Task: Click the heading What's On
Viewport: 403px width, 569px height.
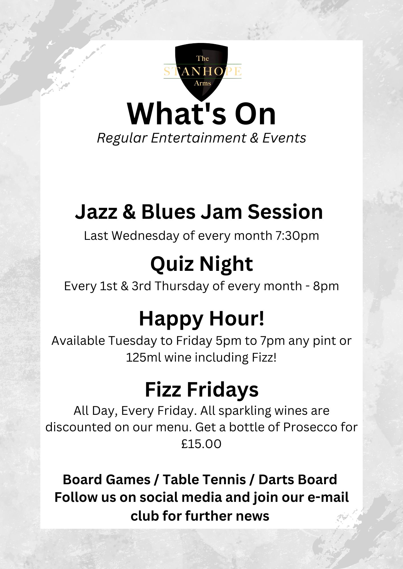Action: click(201, 114)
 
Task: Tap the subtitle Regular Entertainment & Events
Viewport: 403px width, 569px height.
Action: click(201, 138)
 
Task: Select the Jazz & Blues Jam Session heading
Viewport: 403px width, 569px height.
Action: click(199, 212)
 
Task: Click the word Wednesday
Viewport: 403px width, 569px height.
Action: click(145, 236)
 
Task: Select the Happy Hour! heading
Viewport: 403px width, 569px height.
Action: click(202, 319)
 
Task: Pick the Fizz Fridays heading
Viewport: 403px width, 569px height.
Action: click(202, 389)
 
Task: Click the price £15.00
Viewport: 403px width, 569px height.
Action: click(201, 444)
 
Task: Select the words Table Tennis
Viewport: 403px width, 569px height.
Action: click(204, 480)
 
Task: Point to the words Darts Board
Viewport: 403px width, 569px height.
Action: click(298, 480)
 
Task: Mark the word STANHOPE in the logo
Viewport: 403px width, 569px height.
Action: click(203, 71)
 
